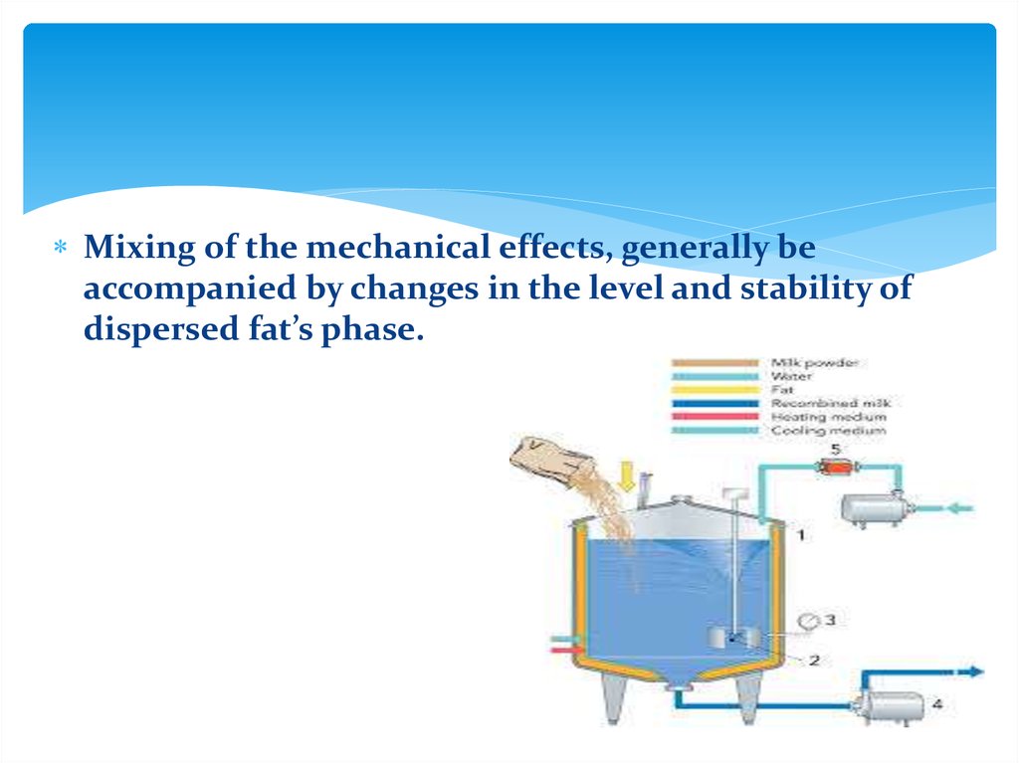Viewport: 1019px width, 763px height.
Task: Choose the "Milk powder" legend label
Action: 814,363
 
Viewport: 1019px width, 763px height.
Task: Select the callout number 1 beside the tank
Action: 802,535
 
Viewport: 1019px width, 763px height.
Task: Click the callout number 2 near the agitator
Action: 813,660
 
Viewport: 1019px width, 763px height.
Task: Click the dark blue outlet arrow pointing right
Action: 970,671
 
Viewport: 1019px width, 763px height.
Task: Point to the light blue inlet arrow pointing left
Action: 959,507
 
